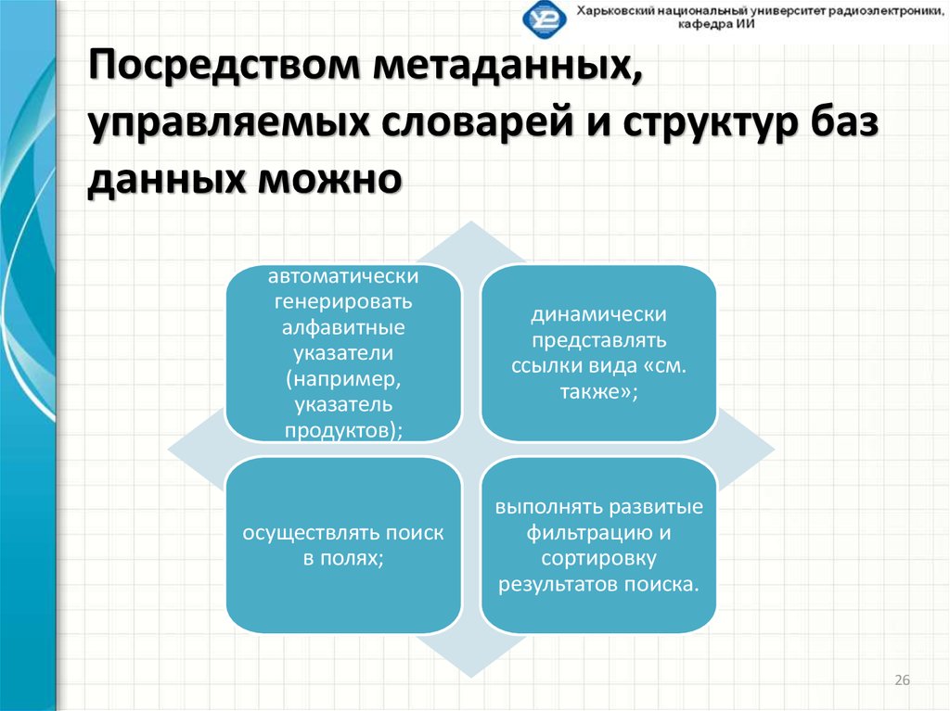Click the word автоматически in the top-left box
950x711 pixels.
point(343,276)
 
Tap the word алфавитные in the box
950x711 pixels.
point(343,327)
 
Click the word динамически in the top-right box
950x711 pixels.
point(597,315)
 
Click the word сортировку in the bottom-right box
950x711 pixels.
point(598,559)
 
